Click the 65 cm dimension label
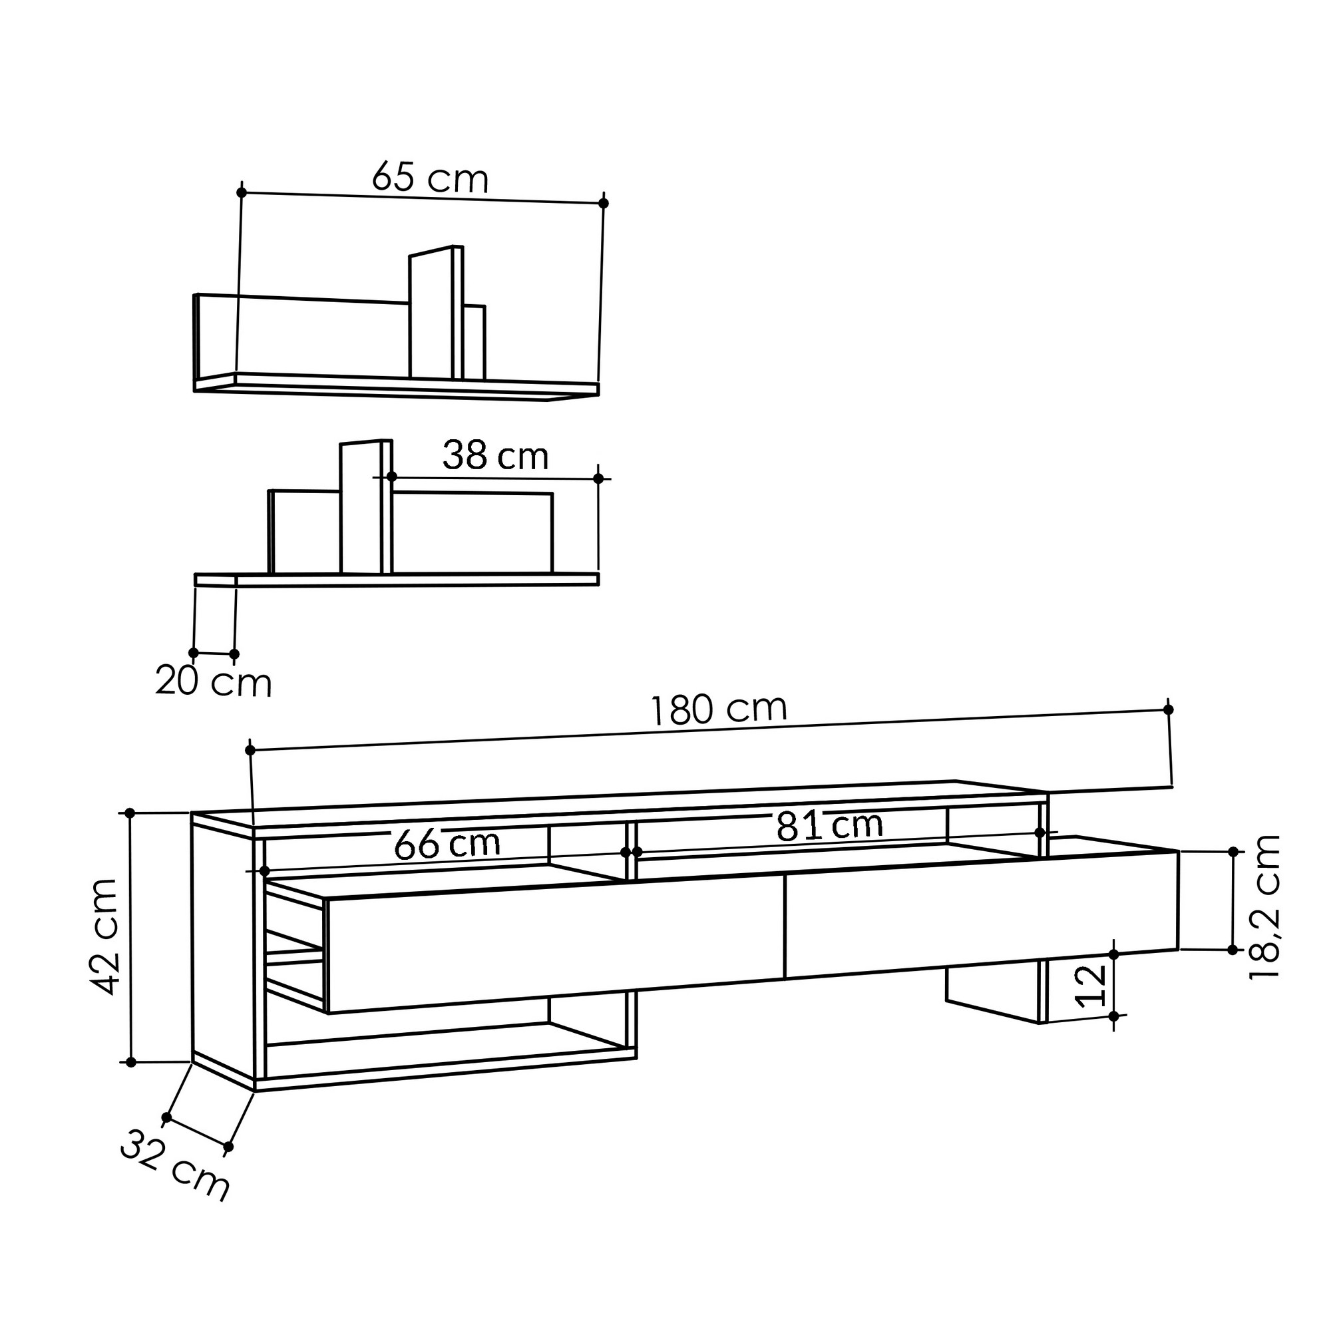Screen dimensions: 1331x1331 click(x=430, y=178)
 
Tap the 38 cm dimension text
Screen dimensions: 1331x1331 click(x=494, y=456)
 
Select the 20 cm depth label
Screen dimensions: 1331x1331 click(x=214, y=682)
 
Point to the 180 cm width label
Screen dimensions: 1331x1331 click(x=719, y=709)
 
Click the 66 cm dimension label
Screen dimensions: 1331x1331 click(x=447, y=845)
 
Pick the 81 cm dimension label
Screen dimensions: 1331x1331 click(x=829, y=825)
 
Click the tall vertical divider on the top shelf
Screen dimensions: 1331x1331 click(x=431, y=313)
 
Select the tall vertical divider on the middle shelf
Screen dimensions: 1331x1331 click(x=360, y=508)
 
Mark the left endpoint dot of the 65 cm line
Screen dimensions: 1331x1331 click(x=241, y=192)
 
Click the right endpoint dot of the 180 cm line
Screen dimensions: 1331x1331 click(x=1169, y=709)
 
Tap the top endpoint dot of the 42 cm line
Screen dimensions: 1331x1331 click(x=130, y=813)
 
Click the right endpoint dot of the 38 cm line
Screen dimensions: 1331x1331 click(x=598, y=478)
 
